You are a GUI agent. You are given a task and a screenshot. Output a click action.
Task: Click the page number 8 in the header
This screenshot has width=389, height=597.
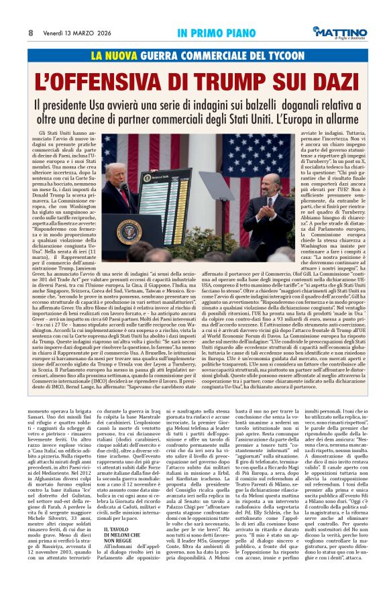pyautogui.click(x=30, y=32)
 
